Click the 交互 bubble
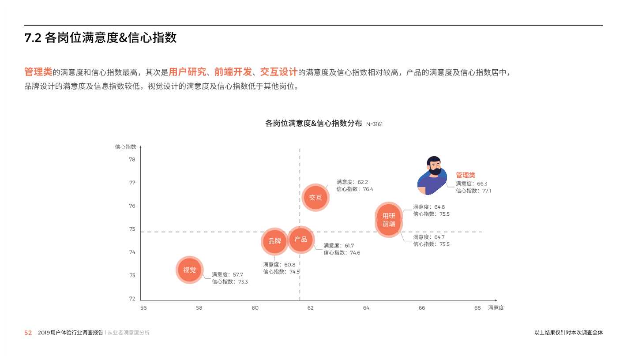[x=315, y=197]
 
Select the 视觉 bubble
[x=190, y=270]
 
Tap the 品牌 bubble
[x=274, y=241]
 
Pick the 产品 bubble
[x=301, y=239]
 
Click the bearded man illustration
[x=432, y=175]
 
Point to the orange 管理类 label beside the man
[x=466, y=175]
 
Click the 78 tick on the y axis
[x=132, y=159]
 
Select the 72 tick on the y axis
[x=132, y=299]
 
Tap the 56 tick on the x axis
[x=143, y=308]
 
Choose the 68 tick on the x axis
[x=477, y=308]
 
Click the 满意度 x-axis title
[x=496, y=308]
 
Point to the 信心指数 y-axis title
[x=126, y=147]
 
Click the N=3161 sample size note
[x=375, y=124]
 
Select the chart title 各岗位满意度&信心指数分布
[x=313, y=124]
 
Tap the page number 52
[x=28, y=333]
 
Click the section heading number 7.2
[x=33, y=38]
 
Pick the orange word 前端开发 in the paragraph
[x=233, y=72]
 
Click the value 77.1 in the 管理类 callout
[x=486, y=191]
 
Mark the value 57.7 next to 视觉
[x=238, y=274]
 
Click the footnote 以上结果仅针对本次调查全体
[x=568, y=333]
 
